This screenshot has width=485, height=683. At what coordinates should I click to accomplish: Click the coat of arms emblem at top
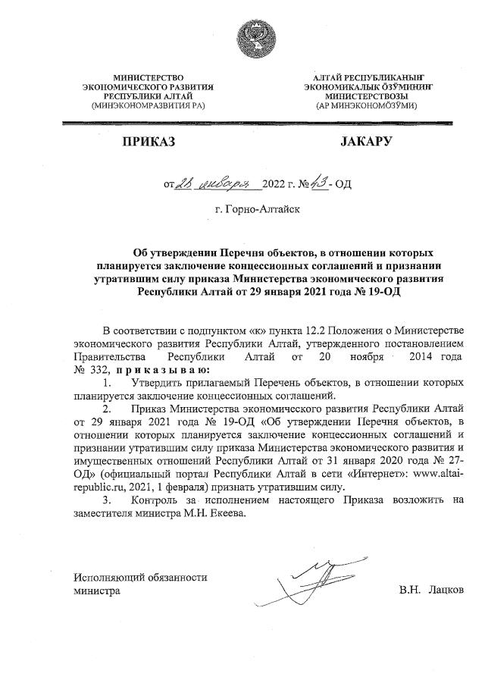[x=250, y=37]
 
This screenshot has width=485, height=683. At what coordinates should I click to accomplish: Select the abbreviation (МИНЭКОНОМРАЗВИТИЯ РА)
[x=149, y=107]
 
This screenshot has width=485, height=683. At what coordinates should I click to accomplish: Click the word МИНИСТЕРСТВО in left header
[x=149, y=78]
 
